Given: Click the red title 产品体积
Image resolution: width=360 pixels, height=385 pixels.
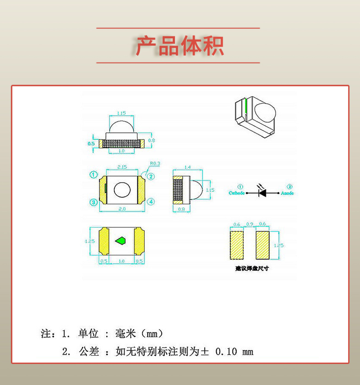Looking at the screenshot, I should [x=180, y=46].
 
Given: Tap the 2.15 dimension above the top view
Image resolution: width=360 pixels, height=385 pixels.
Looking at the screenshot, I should [x=122, y=167].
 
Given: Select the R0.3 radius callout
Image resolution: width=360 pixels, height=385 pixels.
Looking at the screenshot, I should [x=155, y=163].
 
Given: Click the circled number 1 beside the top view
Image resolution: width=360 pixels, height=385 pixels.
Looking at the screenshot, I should [x=94, y=174].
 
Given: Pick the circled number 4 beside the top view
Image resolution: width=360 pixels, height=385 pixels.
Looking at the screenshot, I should [x=151, y=202].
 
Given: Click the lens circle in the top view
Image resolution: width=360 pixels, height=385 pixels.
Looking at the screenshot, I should [x=122, y=190].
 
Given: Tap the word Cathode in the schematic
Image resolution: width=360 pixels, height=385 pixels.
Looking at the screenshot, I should [x=237, y=193].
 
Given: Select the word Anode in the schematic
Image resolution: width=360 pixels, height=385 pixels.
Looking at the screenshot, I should [x=287, y=193].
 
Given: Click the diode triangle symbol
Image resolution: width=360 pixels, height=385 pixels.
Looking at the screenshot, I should [x=263, y=193].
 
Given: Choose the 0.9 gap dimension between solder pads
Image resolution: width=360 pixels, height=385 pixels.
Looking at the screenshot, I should [x=249, y=224].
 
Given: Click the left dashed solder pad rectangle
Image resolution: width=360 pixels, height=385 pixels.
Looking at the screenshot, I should [x=237, y=245].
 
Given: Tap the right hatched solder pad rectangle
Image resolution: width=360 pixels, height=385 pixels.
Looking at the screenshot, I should [x=262, y=245].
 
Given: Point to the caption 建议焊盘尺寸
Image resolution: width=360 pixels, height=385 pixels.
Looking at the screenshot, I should [x=252, y=268].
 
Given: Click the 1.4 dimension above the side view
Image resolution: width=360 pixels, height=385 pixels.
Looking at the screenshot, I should [x=187, y=167].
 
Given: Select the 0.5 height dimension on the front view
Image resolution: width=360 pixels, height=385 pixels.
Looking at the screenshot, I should [x=91, y=143].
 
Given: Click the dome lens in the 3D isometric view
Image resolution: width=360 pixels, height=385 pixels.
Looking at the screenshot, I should [x=265, y=113].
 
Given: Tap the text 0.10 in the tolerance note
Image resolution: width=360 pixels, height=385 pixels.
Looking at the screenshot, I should [x=226, y=352].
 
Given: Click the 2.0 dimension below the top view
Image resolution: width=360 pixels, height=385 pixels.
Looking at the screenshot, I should [x=122, y=209].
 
